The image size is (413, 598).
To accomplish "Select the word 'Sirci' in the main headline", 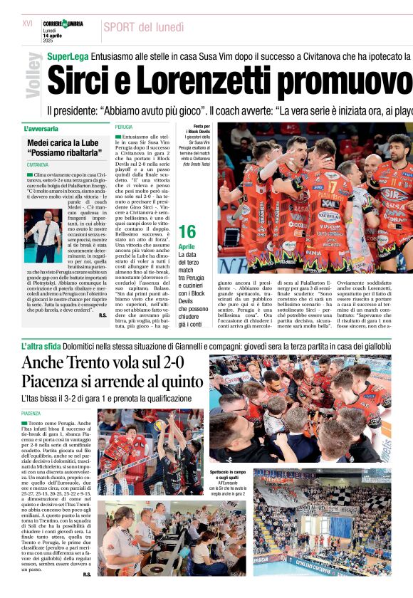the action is pyautogui.click(x=78, y=80).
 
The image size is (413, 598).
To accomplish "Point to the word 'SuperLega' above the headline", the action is pyautogui.click(x=68, y=56).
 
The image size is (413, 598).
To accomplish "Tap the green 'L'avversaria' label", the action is pyautogui.click(x=41, y=129).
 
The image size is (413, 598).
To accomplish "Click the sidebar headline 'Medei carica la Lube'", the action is pyautogui.click(x=63, y=142).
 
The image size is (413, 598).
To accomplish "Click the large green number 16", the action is pyautogui.click(x=187, y=232).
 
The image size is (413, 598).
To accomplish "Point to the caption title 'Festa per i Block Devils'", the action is pyautogui.click(x=197, y=129).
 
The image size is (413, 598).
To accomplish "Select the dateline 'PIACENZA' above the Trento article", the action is pyautogui.click(x=31, y=413).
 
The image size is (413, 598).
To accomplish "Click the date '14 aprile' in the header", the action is pyautogui.click(x=54, y=36).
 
